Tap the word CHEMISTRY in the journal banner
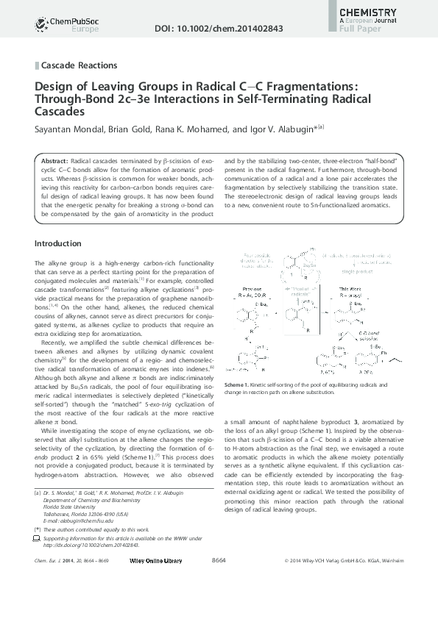(x=368, y=12)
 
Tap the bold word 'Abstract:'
(x=54, y=160)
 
